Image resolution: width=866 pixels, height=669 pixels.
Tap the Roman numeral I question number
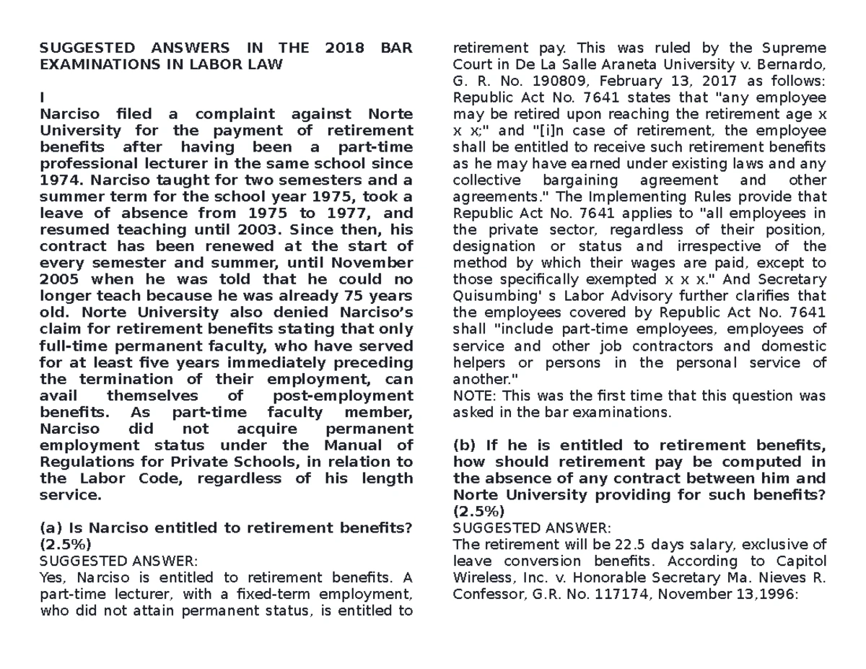point(43,97)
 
